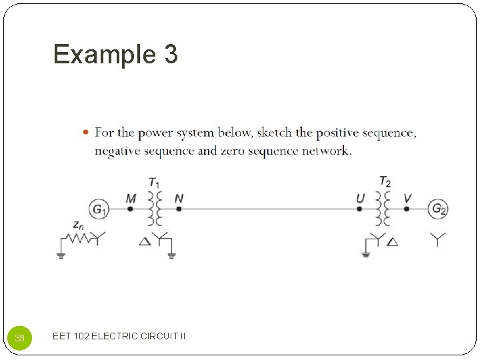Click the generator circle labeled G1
(x=98, y=209)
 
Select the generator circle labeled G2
(x=438, y=209)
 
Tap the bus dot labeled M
(x=131, y=209)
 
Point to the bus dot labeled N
(x=179, y=209)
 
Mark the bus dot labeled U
(x=360, y=209)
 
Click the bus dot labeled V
(x=407, y=209)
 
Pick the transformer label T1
(x=154, y=182)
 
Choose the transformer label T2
(x=385, y=181)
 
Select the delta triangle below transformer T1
(x=145, y=241)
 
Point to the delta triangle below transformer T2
(x=393, y=241)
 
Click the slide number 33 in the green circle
(x=20, y=338)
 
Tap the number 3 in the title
(x=169, y=55)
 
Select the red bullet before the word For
(x=86, y=132)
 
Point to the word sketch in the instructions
(x=274, y=133)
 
